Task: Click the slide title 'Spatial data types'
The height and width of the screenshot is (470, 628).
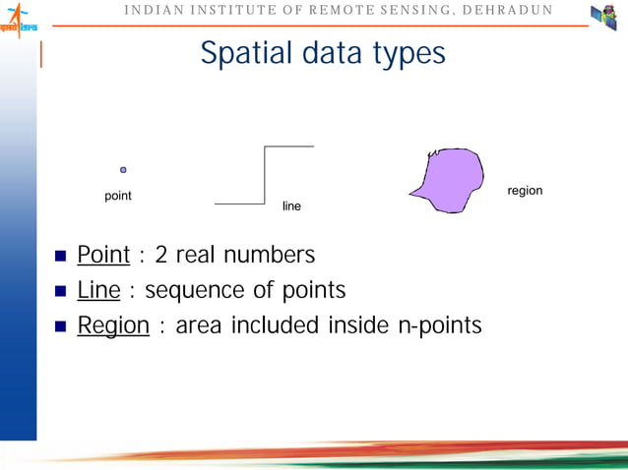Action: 323,53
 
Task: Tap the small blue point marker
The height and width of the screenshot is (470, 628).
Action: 123,170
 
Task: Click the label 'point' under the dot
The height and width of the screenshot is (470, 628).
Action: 118,196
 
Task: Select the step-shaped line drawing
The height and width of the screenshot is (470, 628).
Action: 264,175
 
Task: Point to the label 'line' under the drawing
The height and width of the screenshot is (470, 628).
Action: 291,206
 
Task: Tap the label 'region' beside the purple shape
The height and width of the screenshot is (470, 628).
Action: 525,190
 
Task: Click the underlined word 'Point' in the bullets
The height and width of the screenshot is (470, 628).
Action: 103,256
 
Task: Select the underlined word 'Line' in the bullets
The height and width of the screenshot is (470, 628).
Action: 98,290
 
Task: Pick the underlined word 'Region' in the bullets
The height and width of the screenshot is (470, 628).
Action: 113,325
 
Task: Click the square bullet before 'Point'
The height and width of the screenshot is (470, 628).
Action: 59,258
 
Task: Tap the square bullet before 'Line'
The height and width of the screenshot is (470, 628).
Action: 59,292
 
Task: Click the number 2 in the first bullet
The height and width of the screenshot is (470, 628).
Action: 161,256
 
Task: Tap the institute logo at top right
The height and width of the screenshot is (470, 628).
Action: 602,18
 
